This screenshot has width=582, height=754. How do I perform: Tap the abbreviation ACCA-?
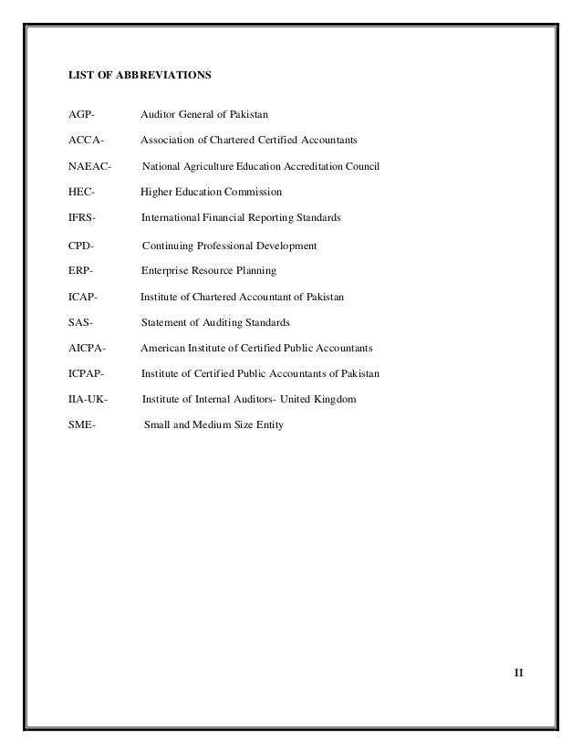tap(86, 141)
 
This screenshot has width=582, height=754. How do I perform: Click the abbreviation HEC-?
tap(81, 193)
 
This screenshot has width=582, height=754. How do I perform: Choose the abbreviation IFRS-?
tap(83, 218)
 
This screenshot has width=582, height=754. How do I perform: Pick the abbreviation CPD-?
tap(81, 246)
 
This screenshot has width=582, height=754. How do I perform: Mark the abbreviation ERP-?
tap(81, 271)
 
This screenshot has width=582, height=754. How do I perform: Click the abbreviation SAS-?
tap(81, 323)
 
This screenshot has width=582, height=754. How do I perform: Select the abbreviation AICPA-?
tap(87, 349)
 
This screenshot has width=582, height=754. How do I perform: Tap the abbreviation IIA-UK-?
tap(88, 400)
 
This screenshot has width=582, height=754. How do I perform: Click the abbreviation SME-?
tap(82, 425)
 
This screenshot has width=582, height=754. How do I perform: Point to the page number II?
tap(517, 673)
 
